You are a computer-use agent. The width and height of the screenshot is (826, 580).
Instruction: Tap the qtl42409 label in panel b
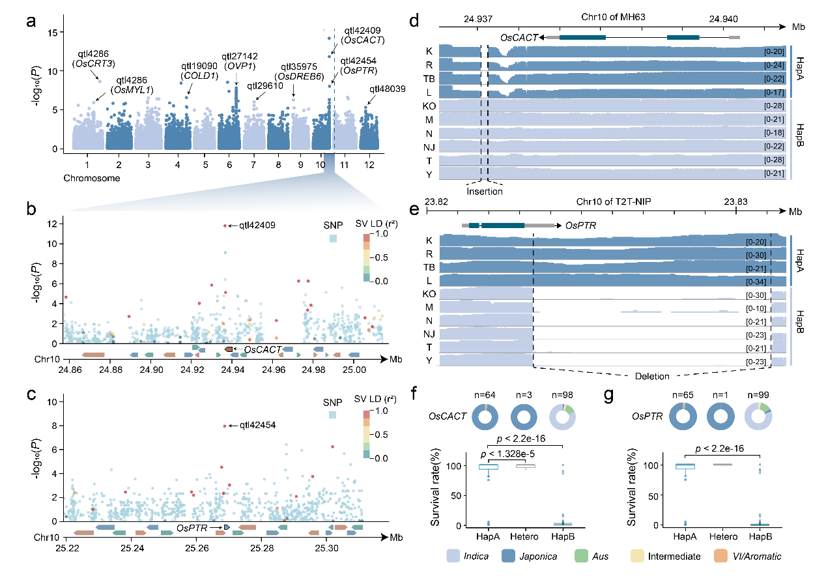click(257, 225)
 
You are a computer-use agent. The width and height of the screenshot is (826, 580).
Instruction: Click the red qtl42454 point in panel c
click(225, 426)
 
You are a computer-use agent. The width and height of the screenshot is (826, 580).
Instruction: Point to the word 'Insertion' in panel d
click(485, 192)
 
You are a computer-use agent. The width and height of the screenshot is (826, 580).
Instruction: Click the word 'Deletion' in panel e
click(652, 376)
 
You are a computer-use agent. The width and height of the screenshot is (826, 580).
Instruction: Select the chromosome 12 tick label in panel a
click(368, 164)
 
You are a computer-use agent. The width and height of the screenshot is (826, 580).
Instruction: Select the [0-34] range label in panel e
click(757, 281)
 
